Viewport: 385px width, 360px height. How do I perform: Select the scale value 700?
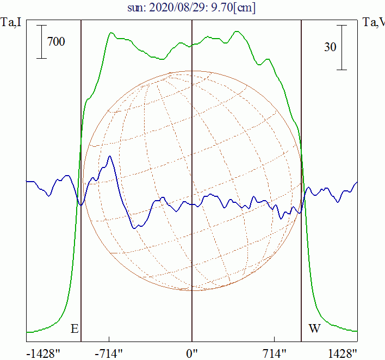(56, 41)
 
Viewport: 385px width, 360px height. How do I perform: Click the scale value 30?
(330, 47)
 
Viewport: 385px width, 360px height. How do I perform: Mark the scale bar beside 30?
(341, 47)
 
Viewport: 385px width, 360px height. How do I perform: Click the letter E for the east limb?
(74, 328)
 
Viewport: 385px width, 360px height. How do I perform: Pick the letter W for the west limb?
(314, 328)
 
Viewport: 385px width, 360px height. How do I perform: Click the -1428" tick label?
(43, 353)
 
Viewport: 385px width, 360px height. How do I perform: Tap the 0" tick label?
(192, 353)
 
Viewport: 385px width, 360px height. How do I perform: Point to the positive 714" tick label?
(274, 353)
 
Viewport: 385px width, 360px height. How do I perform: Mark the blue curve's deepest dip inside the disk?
(134, 227)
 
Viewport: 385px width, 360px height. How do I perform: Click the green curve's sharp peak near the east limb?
(111, 33)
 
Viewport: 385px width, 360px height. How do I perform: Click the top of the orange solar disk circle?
(192, 71)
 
